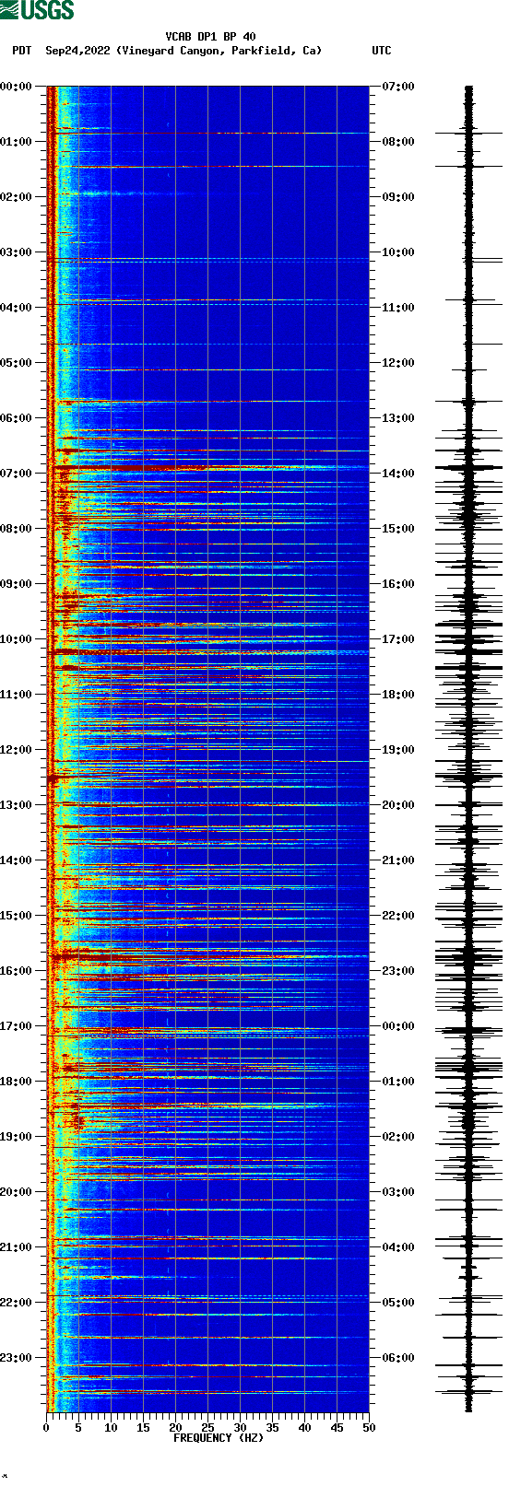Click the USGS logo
pos(37,10)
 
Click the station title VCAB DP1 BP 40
pos(210,37)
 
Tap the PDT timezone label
pos(21,51)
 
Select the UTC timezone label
pos(381,51)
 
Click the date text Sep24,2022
pos(78,51)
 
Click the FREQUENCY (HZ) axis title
pos(219,1438)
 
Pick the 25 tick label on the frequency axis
pos(207,1428)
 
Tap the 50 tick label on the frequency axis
pos(369,1428)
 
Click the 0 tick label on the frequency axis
pos(46,1428)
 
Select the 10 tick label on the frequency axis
pos(111,1428)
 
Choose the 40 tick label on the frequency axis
pos(304,1428)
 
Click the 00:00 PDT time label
pos(16,87)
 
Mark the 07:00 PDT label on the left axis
pos(16,474)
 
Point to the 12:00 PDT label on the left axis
pos(16,750)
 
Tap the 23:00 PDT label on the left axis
pos(16,1358)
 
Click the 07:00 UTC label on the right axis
pos(397,87)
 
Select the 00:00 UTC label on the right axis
pos(397,1026)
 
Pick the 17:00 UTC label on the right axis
pos(397,639)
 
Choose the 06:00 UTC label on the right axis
pos(397,1358)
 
